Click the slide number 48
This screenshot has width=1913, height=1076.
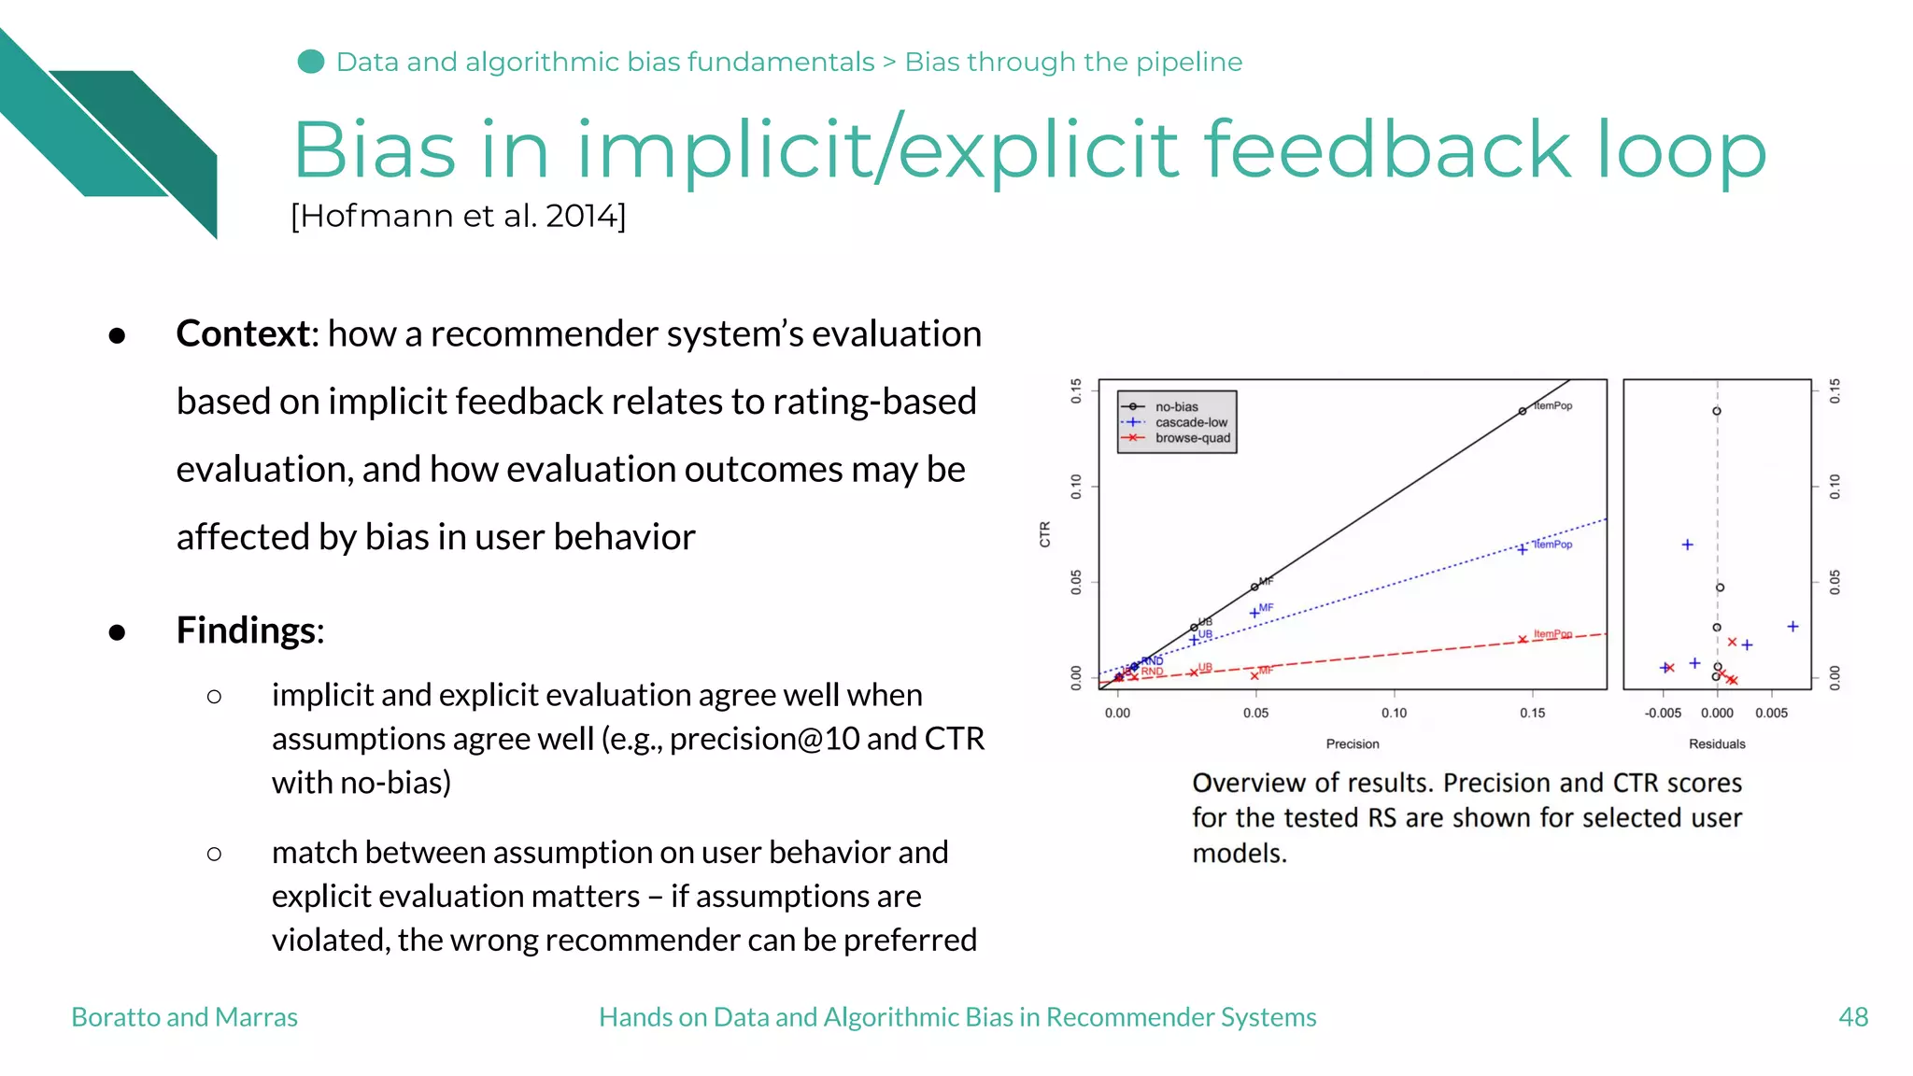pyautogui.click(x=1852, y=1016)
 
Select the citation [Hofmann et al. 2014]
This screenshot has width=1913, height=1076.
pyautogui.click(x=458, y=216)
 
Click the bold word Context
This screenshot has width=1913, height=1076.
pyautogui.click(x=245, y=333)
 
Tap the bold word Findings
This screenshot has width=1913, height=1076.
pyautogui.click(x=248, y=630)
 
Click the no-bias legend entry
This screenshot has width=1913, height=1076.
pyautogui.click(x=1175, y=406)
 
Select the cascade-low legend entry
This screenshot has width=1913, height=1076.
pyautogui.click(x=1190, y=422)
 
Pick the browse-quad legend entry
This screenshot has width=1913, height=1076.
pyautogui.click(x=1192, y=438)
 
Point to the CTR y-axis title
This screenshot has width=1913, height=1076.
pyautogui.click(x=1044, y=534)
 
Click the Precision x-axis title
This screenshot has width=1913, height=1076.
pyautogui.click(x=1352, y=743)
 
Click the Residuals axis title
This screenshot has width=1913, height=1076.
pyautogui.click(x=1716, y=743)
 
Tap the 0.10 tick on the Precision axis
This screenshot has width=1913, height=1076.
pyautogui.click(x=1394, y=713)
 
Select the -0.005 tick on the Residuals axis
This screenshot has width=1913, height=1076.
pyautogui.click(x=1663, y=713)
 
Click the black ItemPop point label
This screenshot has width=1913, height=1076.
pyautogui.click(x=1552, y=405)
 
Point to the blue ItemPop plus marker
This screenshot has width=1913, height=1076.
pyautogui.click(x=1522, y=549)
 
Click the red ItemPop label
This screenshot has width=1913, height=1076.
pyautogui.click(x=1552, y=633)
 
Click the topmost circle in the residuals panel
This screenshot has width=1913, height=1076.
pyautogui.click(x=1716, y=411)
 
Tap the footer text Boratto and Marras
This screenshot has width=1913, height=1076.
pyautogui.click(x=184, y=1016)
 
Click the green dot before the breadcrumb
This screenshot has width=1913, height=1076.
pyautogui.click(x=310, y=62)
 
